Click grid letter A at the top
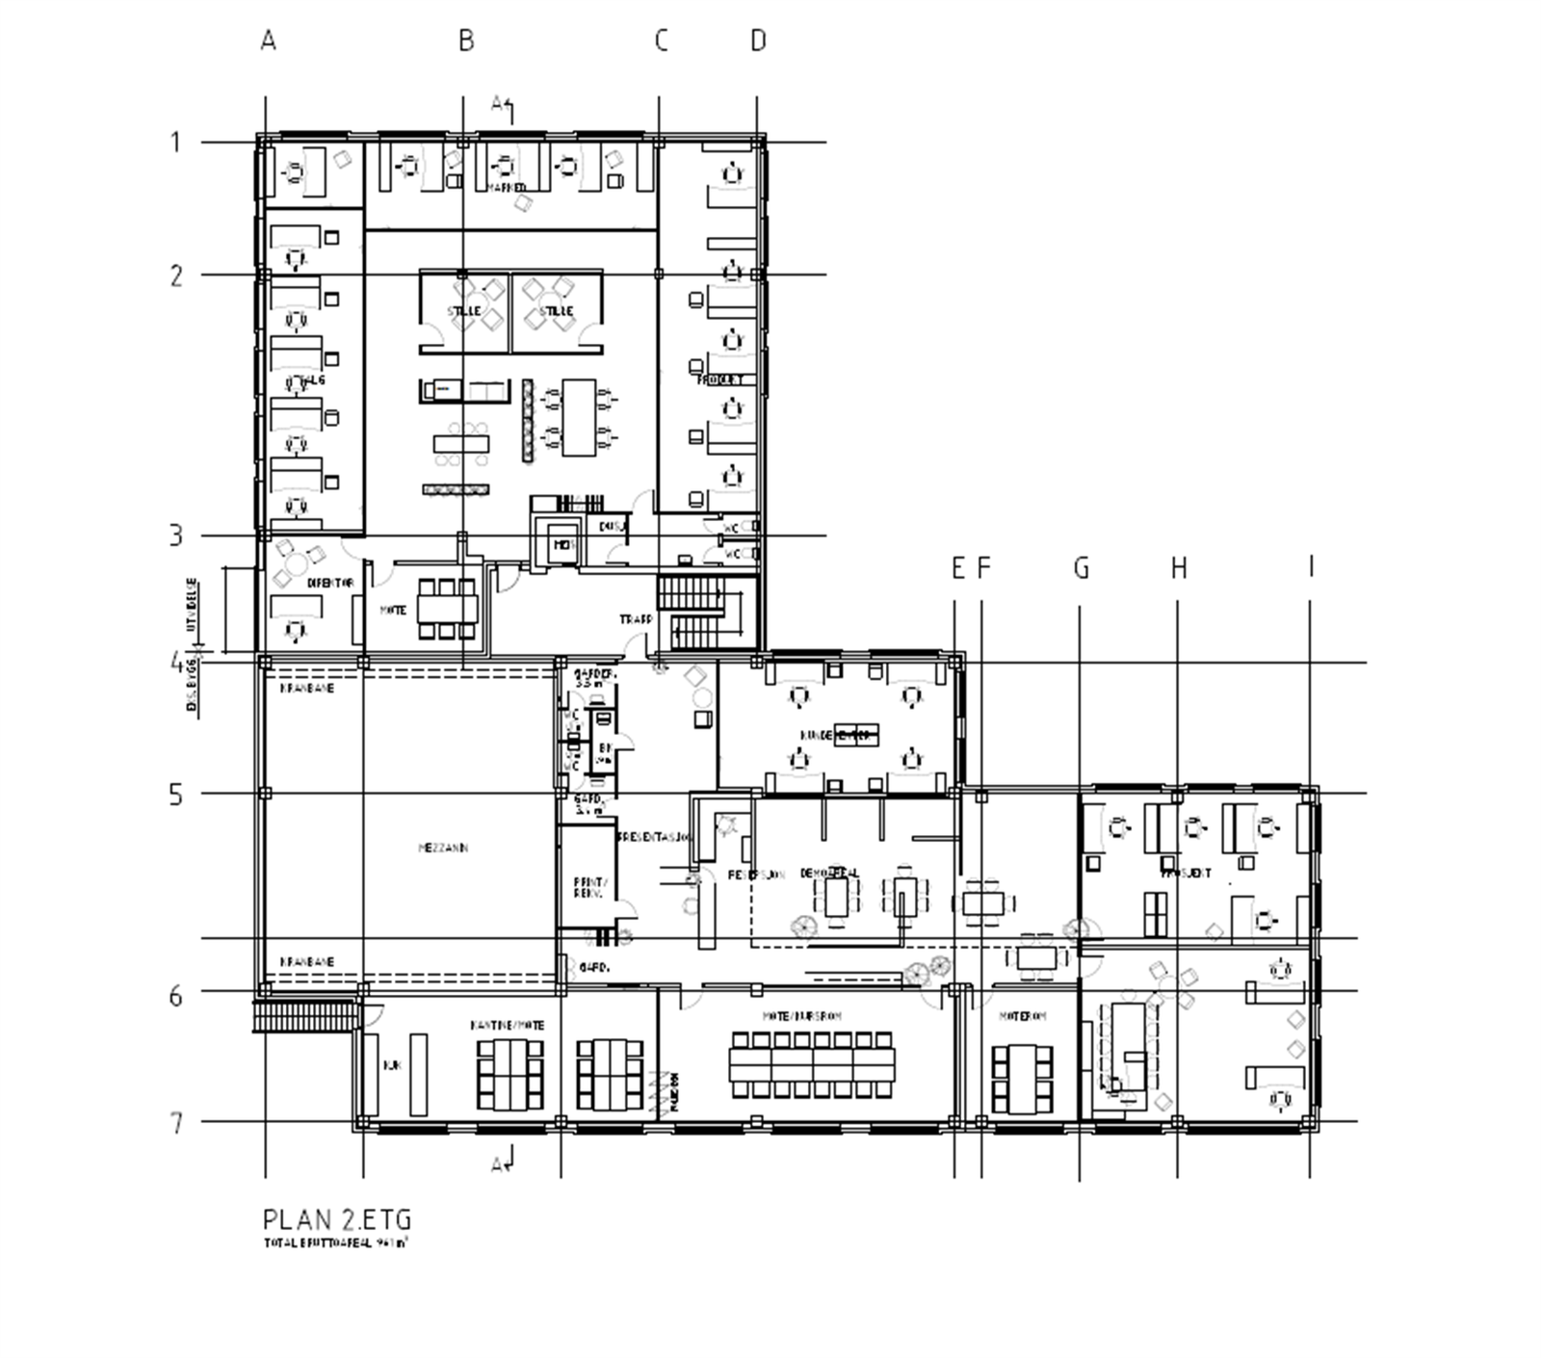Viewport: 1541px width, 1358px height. [x=268, y=40]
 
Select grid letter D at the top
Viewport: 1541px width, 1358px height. [x=758, y=40]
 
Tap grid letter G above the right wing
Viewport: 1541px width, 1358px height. [x=1081, y=568]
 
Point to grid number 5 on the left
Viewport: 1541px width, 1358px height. [x=175, y=796]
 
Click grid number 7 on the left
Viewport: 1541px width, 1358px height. [x=175, y=1123]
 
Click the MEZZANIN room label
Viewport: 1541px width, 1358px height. [x=443, y=849]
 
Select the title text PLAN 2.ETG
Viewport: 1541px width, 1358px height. [x=337, y=1219]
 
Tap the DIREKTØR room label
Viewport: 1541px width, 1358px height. [x=330, y=583]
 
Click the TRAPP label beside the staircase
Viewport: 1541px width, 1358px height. [x=636, y=619]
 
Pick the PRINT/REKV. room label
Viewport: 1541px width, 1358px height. [x=588, y=887]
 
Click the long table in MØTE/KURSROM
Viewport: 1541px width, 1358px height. [x=811, y=1064]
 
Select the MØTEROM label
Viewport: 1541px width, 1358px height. [x=1021, y=1016]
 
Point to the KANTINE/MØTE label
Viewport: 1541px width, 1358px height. [x=507, y=1025]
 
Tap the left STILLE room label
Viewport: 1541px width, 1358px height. [x=462, y=311]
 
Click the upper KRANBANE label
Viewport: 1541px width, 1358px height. [x=307, y=689]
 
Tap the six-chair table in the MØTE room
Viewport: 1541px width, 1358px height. [x=447, y=609]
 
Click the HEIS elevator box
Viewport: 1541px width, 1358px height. [x=562, y=545]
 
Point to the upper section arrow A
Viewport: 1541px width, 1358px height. [x=502, y=104]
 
